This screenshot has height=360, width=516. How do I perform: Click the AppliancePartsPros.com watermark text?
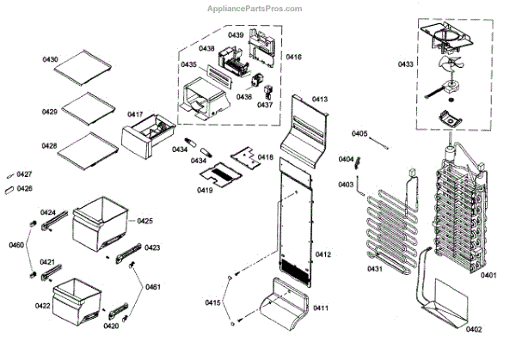255,9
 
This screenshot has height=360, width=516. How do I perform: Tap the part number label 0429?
50,113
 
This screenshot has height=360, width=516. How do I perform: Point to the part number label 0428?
50,147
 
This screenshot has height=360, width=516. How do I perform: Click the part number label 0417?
136,114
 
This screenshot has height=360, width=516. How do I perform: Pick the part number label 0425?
144,222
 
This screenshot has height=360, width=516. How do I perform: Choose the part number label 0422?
41,305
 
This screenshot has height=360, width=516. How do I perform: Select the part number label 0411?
320,308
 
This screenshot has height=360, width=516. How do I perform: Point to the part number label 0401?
488,275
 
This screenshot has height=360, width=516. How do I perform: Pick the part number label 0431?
375,271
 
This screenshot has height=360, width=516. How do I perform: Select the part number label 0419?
205,190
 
